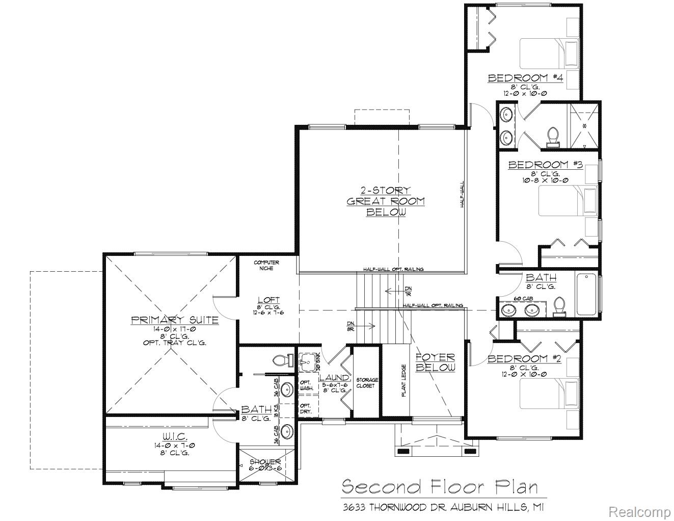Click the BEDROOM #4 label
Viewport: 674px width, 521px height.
(x=524, y=78)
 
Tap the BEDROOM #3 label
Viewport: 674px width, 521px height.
(x=545, y=165)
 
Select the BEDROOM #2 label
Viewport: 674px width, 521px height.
(x=524, y=359)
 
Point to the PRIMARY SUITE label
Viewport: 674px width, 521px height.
(x=175, y=320)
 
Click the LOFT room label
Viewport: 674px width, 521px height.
(x=268, y=300)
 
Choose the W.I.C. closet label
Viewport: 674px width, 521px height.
(x=175, y=437)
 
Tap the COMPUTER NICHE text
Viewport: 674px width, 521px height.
(x=266, y=265)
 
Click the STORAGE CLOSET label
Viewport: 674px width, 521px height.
(x=367, y=383)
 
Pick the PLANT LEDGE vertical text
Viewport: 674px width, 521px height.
(x=403, y=380)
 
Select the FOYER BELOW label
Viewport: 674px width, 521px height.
(x=436, y=362)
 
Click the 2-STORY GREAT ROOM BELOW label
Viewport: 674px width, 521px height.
(x=386, y=201)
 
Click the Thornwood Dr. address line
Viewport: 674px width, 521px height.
(x=442, y=507)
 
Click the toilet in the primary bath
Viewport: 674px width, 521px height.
(x=281, y=360)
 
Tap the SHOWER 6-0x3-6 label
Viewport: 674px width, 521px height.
(x=265, y=465)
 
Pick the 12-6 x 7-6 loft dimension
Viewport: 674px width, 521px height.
(x=268, y=312)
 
